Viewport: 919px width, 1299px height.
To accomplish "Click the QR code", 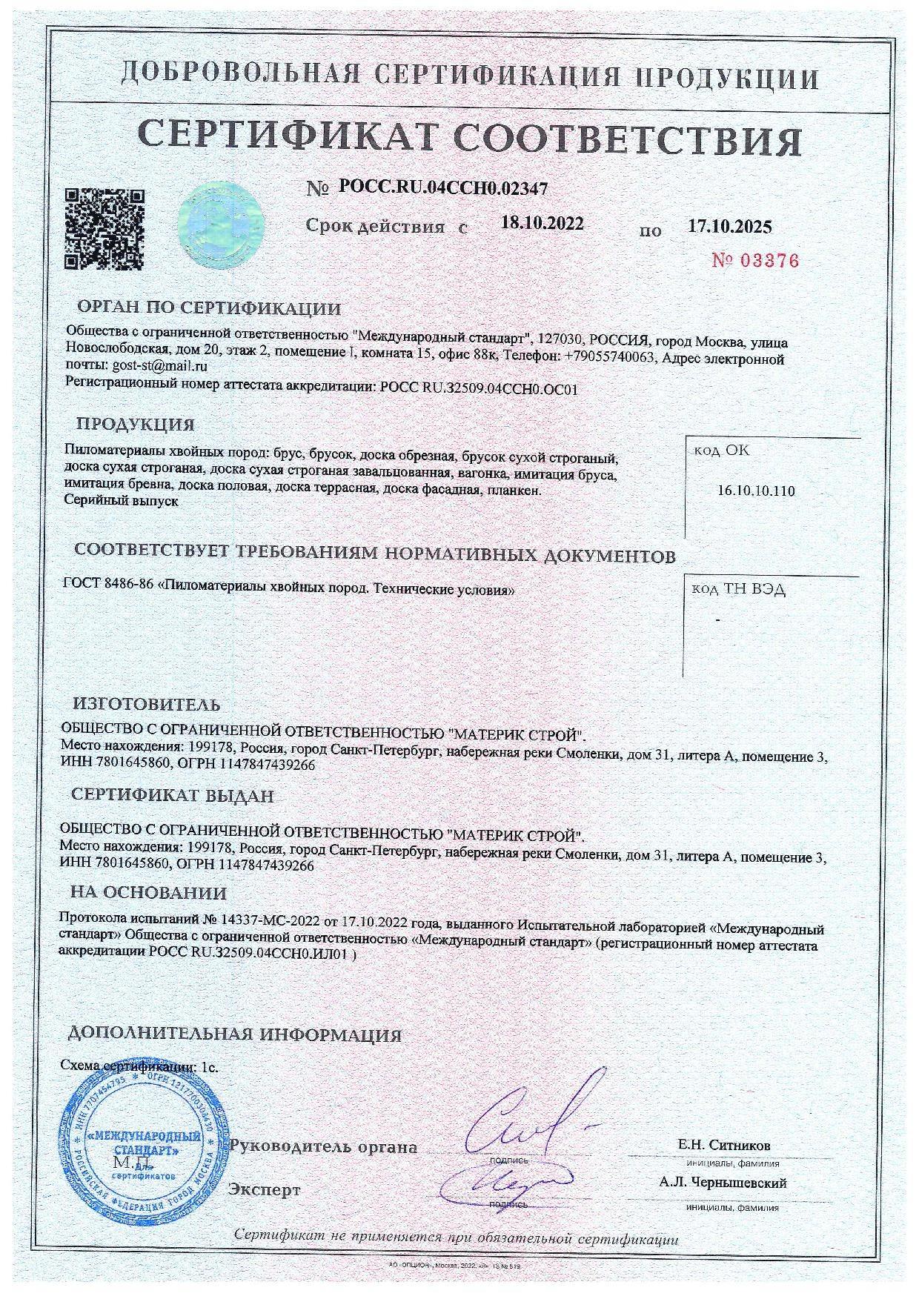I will click(x=105, y=230).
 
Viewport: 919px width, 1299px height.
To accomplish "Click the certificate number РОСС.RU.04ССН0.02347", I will click(x=443, y=188).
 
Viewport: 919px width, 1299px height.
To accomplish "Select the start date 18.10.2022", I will click(x=542, y=224).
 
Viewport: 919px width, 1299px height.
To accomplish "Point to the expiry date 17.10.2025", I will click(x=730, y=226).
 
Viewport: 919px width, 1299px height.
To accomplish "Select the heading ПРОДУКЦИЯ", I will click(x=136, y=425).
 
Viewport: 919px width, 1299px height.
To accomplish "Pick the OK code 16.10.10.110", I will click(x=757, y=491).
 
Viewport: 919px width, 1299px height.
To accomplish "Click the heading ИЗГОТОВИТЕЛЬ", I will click(x=146, y=704).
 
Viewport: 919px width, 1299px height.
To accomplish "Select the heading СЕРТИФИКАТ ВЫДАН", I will click(x=173, y=796).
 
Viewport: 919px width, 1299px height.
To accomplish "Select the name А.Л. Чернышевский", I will click(x=723, y=1183).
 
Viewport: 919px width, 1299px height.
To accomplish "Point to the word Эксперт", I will click(x=265, y=1190).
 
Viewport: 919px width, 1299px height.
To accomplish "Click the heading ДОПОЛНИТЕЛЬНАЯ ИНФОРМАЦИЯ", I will click(x=234, y=1034).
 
